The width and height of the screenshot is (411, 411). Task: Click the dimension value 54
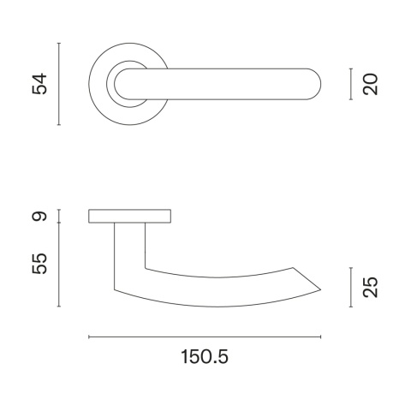(39, 84)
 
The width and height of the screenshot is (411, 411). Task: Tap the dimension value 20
(370, 84)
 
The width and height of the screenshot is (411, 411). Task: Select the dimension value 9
(39, 216)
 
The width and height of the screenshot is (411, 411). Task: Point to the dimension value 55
(39, 264)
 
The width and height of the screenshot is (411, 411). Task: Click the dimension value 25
(370, 287)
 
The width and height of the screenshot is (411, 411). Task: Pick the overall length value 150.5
(205, 357)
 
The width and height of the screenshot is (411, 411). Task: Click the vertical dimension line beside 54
(59, 84)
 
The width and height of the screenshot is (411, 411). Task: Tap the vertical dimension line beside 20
(351, 84)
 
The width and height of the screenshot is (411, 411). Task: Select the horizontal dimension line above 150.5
(205, 337)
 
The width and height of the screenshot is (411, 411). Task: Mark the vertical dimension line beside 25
(351, 287)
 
